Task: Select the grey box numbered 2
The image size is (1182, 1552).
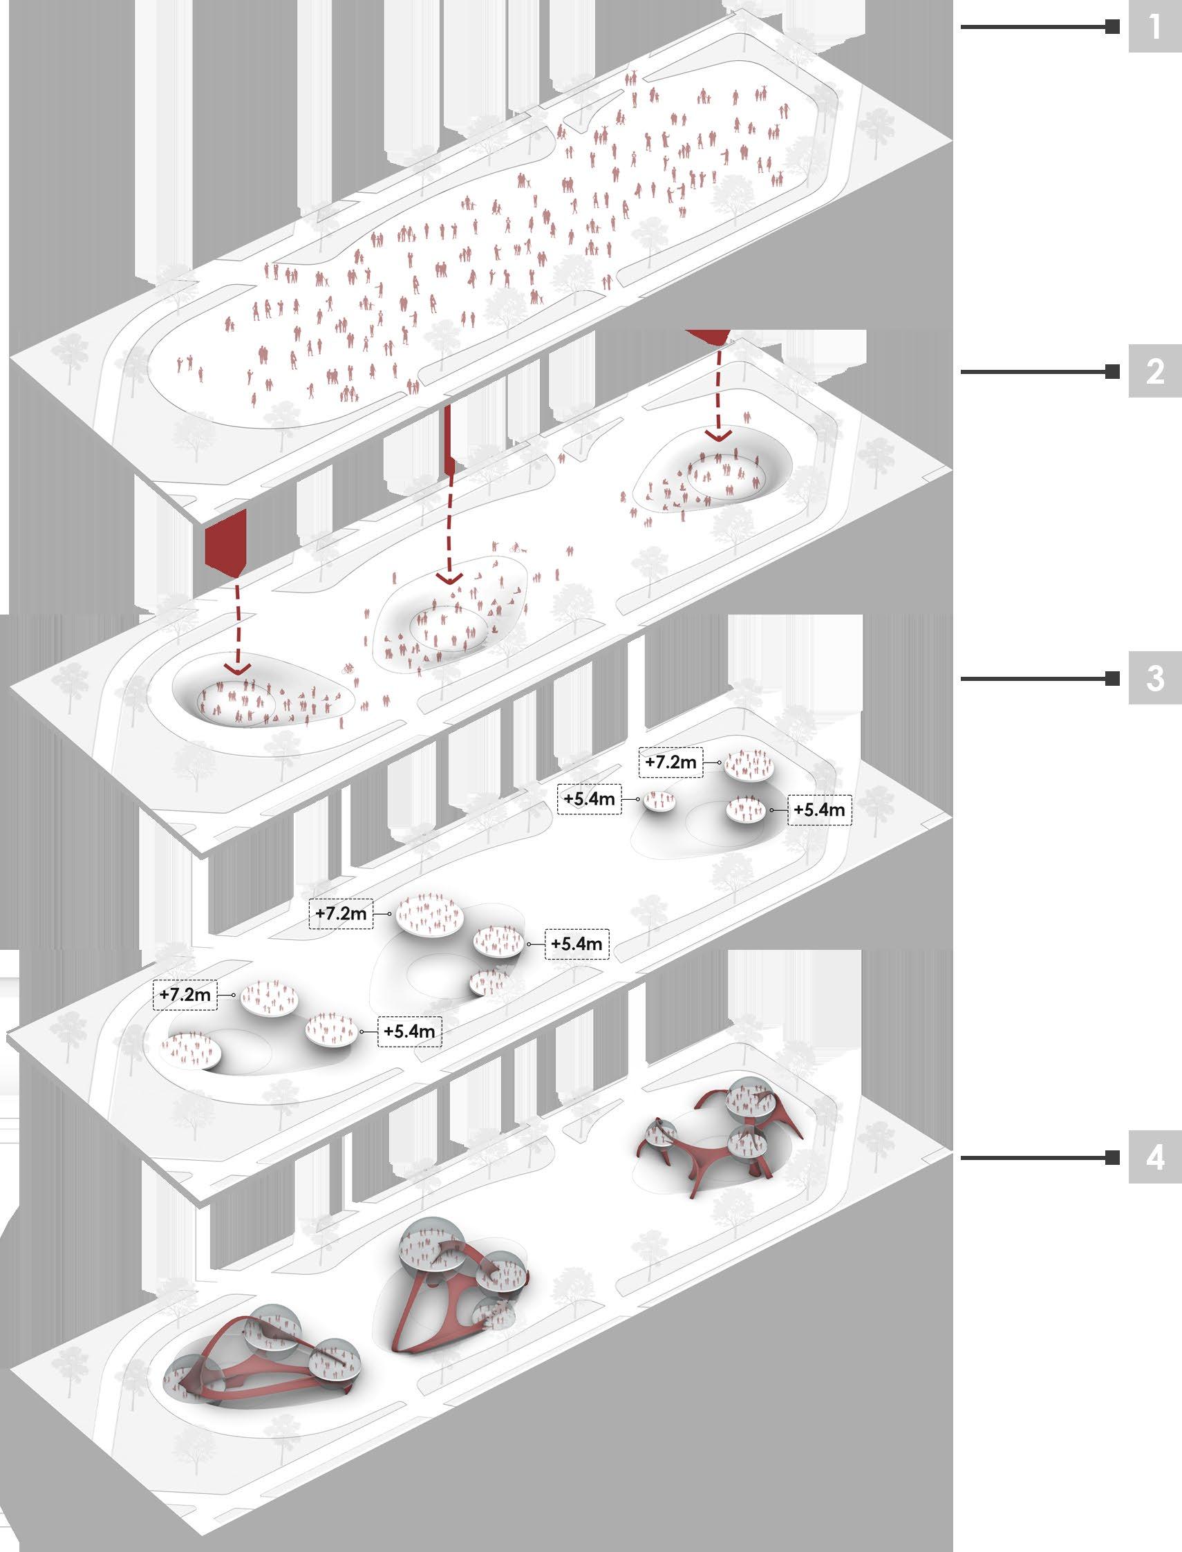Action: coord(1154,372)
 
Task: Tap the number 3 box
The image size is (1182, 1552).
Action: coord(1154,680)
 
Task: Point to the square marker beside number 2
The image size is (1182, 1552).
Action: coord(1112,372)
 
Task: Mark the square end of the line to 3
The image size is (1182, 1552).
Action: coord(1112,680)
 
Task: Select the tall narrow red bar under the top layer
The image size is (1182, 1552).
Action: coord(448,436)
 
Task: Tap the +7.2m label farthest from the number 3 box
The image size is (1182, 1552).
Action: coord(185,995)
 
